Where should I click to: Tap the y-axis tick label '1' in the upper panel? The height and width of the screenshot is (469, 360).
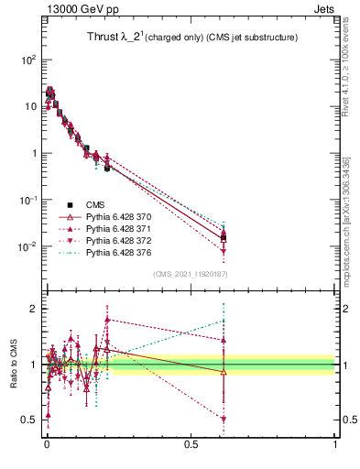(32, 153)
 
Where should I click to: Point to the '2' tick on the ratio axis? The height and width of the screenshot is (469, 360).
(33, 309)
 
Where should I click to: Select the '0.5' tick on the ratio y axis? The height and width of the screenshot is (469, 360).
(27, 420)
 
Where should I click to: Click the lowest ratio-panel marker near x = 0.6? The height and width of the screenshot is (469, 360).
(224, 420)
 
